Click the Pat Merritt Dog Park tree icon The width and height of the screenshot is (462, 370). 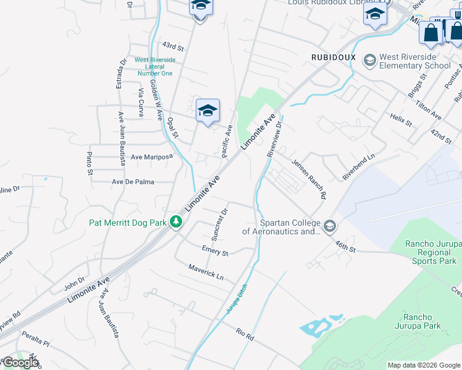177,221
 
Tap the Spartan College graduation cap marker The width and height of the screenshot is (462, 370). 329,226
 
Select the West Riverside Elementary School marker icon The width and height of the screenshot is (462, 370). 369,60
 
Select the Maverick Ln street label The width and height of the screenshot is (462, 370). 206,271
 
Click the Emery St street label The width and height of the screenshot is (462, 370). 215,250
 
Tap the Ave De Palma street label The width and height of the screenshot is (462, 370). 133,182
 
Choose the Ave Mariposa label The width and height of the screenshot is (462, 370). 151,157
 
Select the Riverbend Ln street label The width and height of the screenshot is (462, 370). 359,166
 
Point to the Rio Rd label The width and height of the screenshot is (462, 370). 245,335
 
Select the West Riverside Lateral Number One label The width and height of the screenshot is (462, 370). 155,67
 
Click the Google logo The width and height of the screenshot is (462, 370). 20,363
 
